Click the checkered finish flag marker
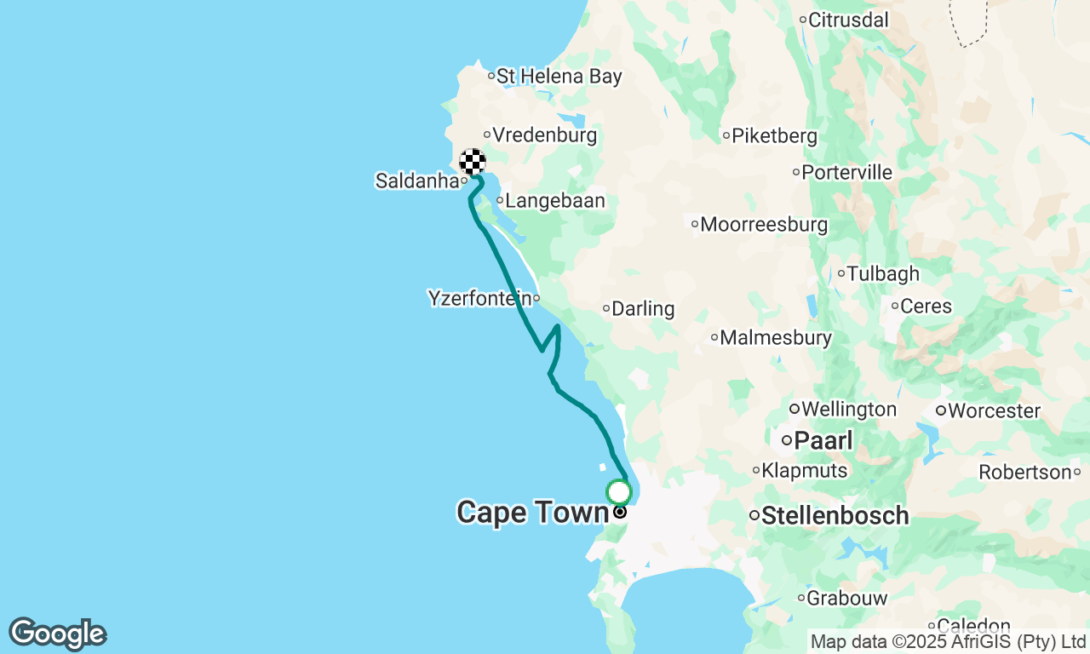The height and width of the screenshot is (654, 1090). click(473, 162)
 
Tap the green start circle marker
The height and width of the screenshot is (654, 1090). click(619, 492)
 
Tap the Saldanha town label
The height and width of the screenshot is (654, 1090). click(416, 181)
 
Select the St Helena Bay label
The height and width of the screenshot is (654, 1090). click(559, 76)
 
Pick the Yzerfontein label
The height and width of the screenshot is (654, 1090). click(480, 298)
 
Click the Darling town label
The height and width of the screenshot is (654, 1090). click(643, 308)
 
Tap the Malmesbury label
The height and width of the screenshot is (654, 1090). click(775, 337)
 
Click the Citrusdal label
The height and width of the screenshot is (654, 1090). click(848, 20)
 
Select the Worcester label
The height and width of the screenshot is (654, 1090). click(993, 410)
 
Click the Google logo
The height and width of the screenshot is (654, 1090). click(57, 634)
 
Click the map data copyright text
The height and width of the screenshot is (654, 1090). click(948, 641)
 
